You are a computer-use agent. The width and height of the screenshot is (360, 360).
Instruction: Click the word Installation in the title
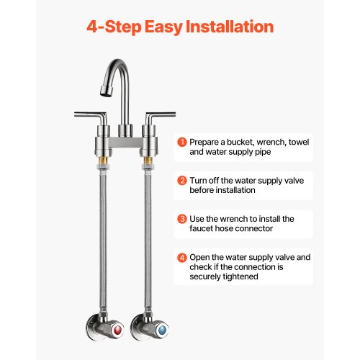230,27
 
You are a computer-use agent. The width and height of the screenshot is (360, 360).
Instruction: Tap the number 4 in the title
92,27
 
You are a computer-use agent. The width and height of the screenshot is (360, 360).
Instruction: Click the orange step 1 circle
182,142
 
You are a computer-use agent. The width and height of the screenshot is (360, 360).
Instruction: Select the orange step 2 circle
182,181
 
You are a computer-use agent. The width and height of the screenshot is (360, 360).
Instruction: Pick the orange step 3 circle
182,219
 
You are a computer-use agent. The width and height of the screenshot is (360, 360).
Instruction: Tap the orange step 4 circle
182,258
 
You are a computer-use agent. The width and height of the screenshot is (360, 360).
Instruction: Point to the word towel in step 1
299,142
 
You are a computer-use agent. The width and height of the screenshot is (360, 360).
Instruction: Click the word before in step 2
202,190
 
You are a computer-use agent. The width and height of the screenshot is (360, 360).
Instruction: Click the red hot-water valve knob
117,330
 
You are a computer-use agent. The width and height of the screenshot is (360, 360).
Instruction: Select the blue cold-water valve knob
163,330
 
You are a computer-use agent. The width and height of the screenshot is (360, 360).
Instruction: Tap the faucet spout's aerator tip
107,91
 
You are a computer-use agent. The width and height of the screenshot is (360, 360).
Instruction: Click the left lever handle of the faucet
91,117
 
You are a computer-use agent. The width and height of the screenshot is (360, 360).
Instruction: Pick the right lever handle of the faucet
159,117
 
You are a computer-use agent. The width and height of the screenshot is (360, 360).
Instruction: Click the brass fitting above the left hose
103,160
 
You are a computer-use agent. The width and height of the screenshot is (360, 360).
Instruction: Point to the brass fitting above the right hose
148,160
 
